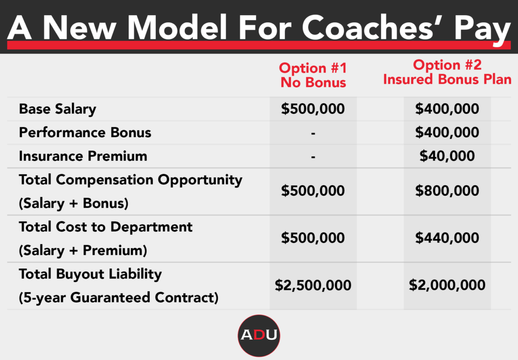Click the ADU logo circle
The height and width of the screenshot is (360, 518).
pos(258,335)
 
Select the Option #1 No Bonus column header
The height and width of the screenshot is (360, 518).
pos(313,75)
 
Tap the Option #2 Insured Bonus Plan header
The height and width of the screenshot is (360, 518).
pos(447,72)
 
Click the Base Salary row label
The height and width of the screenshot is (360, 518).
pos(57,109)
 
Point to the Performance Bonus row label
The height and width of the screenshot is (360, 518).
pos(85,132)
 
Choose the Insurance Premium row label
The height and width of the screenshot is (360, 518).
pos(83,156)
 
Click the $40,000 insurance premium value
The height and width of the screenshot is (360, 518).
pos(447,156)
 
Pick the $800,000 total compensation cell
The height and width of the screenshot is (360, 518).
pos(447,191)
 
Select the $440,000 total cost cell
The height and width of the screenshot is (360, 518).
pos(447,238)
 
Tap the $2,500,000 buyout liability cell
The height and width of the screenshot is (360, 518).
pos(313,285)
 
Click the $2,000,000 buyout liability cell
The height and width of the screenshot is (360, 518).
pos(447,285)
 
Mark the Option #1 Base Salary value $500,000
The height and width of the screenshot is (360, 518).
pos(313,109)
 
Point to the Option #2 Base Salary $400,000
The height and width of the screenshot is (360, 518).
pos(447,109)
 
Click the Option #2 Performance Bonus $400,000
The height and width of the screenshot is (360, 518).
pos(447,132)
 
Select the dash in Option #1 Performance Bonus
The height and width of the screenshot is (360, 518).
pos(314,133)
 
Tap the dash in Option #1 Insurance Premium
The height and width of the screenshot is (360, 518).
pos(314,157)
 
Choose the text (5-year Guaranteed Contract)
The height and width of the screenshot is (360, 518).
pos(118,298)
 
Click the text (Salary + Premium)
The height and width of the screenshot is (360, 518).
pos(83,250)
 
